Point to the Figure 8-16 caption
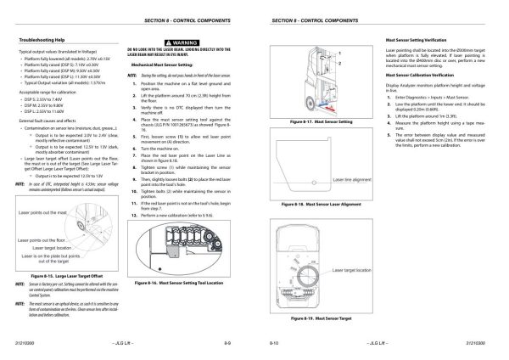point(181,281)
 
